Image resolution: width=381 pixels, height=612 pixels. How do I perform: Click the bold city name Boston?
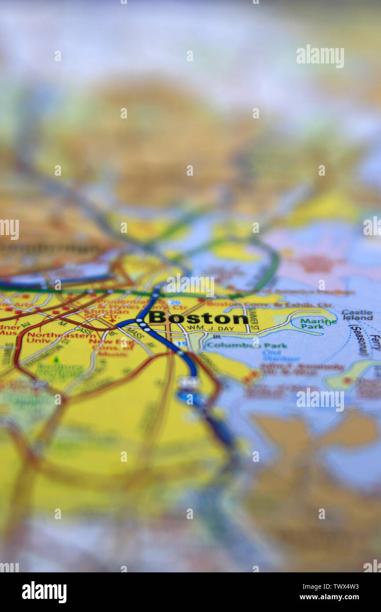pos(198,317)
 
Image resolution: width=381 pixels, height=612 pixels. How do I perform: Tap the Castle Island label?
pos(357,314)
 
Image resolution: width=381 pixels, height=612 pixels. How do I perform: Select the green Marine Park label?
pos(318,323)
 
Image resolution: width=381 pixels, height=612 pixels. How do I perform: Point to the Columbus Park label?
pos(246,345)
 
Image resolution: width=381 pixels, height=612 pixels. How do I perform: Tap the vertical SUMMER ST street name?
pos(253,320)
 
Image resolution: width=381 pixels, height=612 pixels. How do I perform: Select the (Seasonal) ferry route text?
pos(359,340)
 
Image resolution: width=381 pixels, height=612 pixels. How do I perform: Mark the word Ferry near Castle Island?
pos(375,343)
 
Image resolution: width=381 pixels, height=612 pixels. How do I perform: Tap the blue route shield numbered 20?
pos(174,302)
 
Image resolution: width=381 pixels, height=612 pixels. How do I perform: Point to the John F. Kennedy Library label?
pos(301,369)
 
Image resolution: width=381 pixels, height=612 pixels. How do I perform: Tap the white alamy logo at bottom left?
pos(44,592)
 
